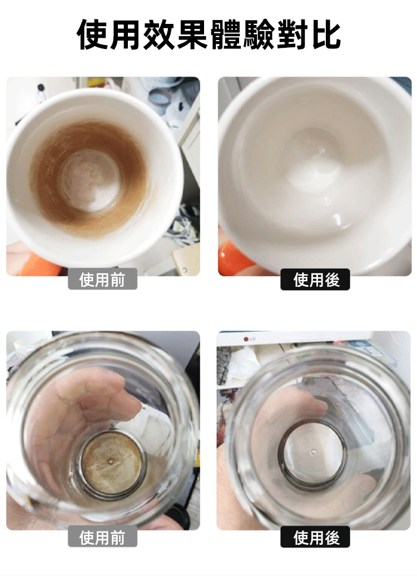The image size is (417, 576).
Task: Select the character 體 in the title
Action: click(225, 34)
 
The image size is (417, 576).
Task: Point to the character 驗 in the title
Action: click(259, 34)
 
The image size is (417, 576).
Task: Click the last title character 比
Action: click(325, 34)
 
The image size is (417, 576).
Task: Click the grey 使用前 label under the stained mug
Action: click(102, 279)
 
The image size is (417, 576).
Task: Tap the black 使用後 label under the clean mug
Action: click(315, 279)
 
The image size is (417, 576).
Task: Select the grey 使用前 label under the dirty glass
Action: click(102, 537)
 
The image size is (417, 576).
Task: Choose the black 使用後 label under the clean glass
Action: click(315, 537)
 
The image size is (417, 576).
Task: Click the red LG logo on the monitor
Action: click(247, 339)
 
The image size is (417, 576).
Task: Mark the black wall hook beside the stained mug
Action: click(41, 88)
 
